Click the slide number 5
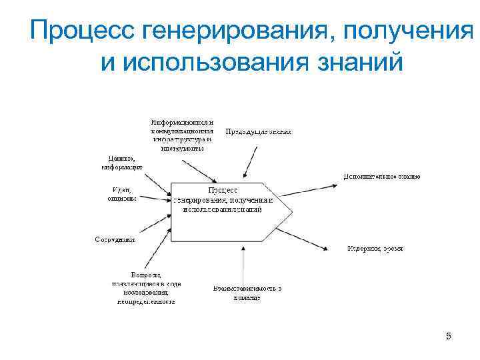click(449, 337)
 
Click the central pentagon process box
click(227, 211)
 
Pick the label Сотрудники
click(115, 239)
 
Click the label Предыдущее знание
click(258, 132)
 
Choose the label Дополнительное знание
click(381, 177)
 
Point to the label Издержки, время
click(374, 249)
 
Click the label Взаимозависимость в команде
click(247, 293)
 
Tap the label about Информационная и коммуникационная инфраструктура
click(182, 135)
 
